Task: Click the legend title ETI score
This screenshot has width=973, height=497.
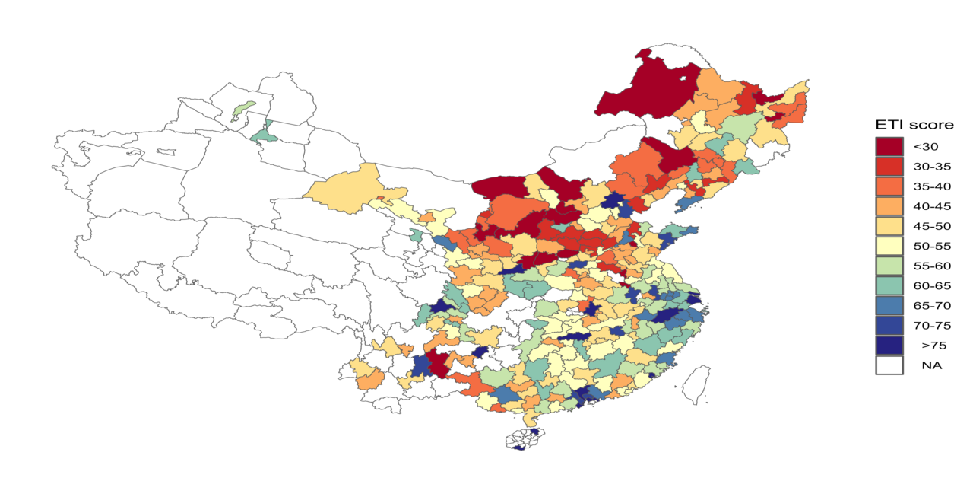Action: click(914, 125)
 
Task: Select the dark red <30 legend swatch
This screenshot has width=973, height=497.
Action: click(889, 146)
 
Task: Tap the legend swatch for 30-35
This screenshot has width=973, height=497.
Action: click(889, 166)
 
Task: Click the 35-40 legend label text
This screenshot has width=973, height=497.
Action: click(930, 186)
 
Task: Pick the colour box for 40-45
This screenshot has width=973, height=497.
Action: click(889, 205)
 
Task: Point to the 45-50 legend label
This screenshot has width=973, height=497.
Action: click(930, 226)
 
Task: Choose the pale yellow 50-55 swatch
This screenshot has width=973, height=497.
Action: click(889, 246)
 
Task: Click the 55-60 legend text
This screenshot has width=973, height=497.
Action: click(930, 266)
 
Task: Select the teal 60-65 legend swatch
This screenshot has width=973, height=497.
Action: click(889, 285)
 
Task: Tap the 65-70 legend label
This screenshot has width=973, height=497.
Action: click(930, 305)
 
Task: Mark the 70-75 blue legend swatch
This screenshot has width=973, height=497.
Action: click(889, 325)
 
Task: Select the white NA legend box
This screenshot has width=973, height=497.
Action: click(889, 365)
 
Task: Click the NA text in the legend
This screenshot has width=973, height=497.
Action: click(931, 365)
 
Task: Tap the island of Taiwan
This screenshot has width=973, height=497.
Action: click(697, 383)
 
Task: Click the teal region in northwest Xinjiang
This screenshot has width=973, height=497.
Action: click(264, 135)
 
